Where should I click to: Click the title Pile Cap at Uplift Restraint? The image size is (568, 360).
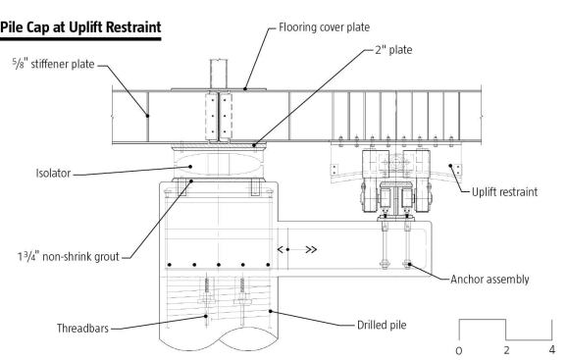tap(80, 27)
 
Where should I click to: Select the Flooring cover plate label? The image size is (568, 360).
tap(324, 27)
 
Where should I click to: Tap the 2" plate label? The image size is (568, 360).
tap(393, 50)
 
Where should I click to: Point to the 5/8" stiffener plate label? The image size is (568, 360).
tap(54, 64)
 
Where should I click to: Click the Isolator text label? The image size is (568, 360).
tap(53, 173)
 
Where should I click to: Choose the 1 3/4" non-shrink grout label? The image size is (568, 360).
tap(69, 257)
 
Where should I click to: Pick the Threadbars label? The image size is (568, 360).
tap(82, 329)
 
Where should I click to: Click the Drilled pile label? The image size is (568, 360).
tap(382, 325)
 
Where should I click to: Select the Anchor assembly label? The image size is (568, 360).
tap(490, 280)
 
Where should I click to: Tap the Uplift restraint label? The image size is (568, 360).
tap(504, 192)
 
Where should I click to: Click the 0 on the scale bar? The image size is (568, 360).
tap(459, 350)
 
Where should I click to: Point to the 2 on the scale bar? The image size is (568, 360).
tap(506, 350)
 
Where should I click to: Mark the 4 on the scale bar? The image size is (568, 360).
tap(551, 349)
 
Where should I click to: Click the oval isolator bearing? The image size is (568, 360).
tap(219, 165)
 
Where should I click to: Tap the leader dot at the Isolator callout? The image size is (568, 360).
tap(190, 167)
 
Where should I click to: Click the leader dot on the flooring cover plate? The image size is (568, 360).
tap(245, 88)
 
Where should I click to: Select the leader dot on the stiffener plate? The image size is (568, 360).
tap(147, 116)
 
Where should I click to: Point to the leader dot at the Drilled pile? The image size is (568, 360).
tap(270, 311)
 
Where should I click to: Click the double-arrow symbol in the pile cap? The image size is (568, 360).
tap(297, 249)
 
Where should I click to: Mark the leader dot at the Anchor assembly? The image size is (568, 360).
tap(410, 264)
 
